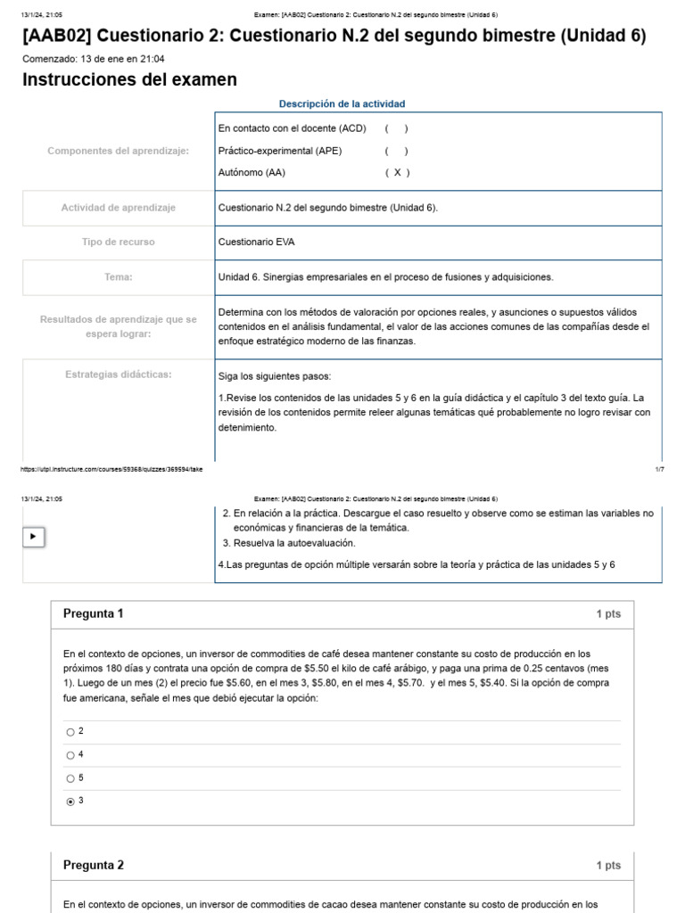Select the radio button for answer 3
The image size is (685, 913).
coord(70,802)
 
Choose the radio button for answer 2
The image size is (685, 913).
coord(70,732)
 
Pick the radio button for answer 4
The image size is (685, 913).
coord(70,755)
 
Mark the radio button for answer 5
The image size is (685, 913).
coord(70,778)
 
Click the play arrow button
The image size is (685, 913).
coord(33,537)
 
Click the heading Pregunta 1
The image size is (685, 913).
coord(94,613)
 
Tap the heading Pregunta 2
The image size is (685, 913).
coord(94,865)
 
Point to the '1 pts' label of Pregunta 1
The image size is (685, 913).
coord(608,614)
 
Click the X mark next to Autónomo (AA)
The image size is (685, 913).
coord(397,173)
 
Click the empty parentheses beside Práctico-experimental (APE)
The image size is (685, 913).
coord(397,151)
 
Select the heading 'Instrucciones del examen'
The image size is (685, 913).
coord(129,80)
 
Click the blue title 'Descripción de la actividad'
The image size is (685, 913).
coord(342,104)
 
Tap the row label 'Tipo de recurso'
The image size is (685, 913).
coord(118,242)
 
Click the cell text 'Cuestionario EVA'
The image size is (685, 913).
coord(257,242)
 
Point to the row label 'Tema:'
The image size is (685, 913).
coord(118,277)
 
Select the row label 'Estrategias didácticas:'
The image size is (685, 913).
coord(118,374)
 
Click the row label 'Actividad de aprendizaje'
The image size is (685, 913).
coord(118,208)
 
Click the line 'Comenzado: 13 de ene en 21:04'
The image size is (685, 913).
coord(93,59)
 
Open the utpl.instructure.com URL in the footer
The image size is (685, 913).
coord(111,469)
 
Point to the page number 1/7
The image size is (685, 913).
coord(659,469)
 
